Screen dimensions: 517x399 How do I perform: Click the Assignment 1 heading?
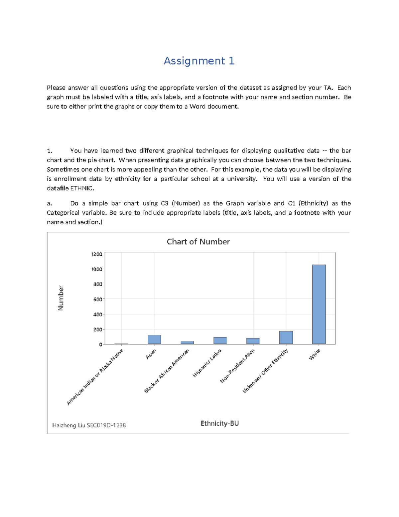[x=199, y=61]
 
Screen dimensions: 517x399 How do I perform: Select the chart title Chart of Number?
[x=198, y=242]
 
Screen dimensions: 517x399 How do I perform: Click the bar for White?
[x=319, y=304]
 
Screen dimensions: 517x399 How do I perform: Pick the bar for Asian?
[x=154, y=340]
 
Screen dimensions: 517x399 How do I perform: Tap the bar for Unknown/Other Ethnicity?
[x=286, y=338]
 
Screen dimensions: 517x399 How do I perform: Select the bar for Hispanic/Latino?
[x=220, y=341]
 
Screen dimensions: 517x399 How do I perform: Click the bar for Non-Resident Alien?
[x=253, y=341]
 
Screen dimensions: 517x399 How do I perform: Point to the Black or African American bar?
[x=187, y=343]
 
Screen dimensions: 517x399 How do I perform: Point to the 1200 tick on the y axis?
[x=97, y=254]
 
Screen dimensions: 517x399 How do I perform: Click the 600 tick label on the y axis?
[x=97, y=299]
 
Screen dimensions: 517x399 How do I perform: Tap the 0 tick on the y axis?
[x=100, y=345]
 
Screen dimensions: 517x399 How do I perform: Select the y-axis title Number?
[x=61, y=298]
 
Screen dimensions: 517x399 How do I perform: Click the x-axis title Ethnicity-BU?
[x=219, y=423]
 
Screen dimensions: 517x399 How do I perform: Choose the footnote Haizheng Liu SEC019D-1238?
[x=89, y=425]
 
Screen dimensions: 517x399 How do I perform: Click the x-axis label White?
[x=315, y=355]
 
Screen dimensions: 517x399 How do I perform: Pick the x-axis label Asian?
[x=151, y=354]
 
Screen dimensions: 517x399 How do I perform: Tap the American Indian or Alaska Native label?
[x=95, y=377]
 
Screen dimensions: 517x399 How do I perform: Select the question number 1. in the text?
[x=50, y=151]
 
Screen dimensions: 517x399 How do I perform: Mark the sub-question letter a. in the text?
[x=49, y=203]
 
